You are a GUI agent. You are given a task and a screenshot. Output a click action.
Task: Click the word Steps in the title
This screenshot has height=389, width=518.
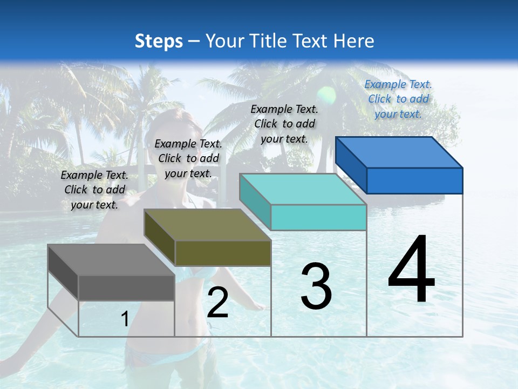pyautogui.click(x=159, y=41)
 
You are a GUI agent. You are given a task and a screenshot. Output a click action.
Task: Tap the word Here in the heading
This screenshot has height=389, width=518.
pyautogui.click(x=353, y=41)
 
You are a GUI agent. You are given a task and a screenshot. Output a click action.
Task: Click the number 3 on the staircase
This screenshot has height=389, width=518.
pyautogui.click(x=316, y=286)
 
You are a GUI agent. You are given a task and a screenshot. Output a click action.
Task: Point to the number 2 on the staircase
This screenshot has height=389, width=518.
pyautogui.click(x=217, y=303)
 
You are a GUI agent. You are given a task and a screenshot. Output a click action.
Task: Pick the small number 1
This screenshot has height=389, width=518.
pyautogui.click(x=125, y=319)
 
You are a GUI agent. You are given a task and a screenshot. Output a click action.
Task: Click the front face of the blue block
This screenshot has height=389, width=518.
pyautogui.click(x=414, y=180)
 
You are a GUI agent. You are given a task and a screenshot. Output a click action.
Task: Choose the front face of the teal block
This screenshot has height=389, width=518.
pyautogui.click(x=318, y=217)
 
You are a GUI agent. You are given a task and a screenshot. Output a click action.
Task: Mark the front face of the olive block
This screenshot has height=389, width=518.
pyautogui.click(x=223, y=253)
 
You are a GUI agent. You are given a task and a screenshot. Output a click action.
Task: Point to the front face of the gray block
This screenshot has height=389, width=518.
pyautogui.click(x=126, y=287)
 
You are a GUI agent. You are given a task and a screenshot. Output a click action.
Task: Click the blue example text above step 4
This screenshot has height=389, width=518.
pyautogui.click(x=398, y=99)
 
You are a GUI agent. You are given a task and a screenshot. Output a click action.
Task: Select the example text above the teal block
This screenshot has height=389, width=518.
pyautogui.click(x=284, y=124)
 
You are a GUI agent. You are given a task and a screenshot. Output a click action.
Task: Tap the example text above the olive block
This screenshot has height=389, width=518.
pyautogui.click(x=188, y=158)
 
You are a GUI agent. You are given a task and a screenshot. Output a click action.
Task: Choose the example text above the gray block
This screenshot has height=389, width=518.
pyautogui.click(x=94, y=190)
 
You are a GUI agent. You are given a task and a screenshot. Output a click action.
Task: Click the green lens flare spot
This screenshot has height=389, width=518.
pyautogui.click(x=326, y=95)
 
